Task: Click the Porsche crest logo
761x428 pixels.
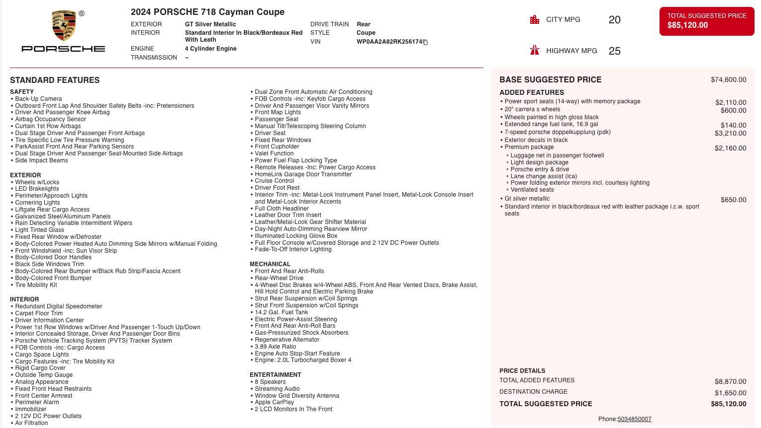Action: [x=64, y=26]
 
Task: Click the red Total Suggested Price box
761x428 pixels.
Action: [x=706, y=21]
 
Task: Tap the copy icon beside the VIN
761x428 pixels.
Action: [x=425, y=42]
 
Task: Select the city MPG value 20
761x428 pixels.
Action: [x=614, y=20]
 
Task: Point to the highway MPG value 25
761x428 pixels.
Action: [x=614, y=51]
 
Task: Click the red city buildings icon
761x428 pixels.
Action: [x=535, y=20]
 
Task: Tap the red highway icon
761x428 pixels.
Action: [x=535, y=50]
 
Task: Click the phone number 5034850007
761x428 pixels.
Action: [x=634, y=419]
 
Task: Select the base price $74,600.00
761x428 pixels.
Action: [x=728, y=80]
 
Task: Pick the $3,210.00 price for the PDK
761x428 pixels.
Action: [x=730, y=133]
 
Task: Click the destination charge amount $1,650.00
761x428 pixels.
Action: [x=730, y=393]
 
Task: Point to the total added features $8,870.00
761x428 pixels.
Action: [x=730, y=381]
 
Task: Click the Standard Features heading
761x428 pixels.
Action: [x=55, y=80]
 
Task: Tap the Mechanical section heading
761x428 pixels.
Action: [x=270, y=264]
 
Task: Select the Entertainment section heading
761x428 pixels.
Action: [x=276, y=375]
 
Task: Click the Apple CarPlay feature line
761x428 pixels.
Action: [x=274, y=402]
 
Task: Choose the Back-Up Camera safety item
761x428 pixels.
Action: [x=38, y=99]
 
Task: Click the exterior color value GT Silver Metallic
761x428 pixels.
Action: [x=210, y=24]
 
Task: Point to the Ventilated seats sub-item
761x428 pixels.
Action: [x=532, y=190]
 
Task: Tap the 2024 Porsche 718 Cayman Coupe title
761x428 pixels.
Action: [x=207, y=12]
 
